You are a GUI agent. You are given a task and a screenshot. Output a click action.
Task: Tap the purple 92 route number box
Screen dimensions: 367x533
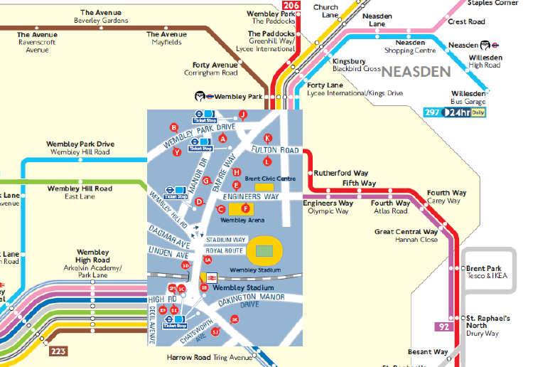pos(443,327)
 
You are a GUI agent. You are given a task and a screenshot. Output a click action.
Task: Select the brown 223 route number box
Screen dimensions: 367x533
pos(58,351)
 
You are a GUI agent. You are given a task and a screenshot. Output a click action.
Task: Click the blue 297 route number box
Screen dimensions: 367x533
pos(433,112)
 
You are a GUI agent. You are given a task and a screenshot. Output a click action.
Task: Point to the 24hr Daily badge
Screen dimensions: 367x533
pos(465,112)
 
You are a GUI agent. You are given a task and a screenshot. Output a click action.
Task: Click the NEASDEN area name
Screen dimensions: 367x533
pos(416,71)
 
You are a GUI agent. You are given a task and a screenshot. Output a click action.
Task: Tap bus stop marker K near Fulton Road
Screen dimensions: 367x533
pos(268,138)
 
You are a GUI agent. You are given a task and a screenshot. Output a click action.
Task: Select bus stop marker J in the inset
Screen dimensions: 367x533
pos(242,115)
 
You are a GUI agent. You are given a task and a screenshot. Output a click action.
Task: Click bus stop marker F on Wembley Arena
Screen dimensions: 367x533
pos(246,208)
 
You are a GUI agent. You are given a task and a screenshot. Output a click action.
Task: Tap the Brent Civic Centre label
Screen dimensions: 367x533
pos(269,179)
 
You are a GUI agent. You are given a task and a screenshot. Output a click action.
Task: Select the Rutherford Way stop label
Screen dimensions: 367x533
pos(341,172)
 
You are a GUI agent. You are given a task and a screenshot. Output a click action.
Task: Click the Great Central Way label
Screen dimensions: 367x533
pos(406,232)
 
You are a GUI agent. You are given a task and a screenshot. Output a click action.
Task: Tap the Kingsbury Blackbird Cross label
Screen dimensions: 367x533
pos(357,65)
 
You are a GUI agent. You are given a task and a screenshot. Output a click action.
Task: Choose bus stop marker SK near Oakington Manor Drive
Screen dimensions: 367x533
pos(235,319)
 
